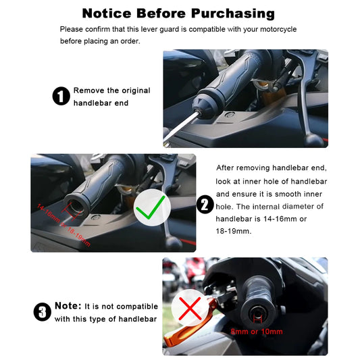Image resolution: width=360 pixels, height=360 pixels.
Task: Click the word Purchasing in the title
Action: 233,14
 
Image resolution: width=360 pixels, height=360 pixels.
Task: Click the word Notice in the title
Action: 107,14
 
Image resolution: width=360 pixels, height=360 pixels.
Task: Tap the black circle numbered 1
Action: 61,96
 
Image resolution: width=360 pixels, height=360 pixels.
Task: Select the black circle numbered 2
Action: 205,205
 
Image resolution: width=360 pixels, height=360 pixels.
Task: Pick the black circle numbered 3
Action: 43,312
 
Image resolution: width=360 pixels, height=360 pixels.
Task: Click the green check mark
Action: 151,207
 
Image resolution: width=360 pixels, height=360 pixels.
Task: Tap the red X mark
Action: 190,309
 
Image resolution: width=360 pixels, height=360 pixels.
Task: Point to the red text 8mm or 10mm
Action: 257,332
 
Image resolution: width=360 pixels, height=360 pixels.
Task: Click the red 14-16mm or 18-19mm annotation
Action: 63,225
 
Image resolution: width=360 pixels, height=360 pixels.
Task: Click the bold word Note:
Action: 68,306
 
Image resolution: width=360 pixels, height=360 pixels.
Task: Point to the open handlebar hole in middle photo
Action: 74,206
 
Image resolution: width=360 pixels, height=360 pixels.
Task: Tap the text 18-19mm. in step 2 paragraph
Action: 234,231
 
